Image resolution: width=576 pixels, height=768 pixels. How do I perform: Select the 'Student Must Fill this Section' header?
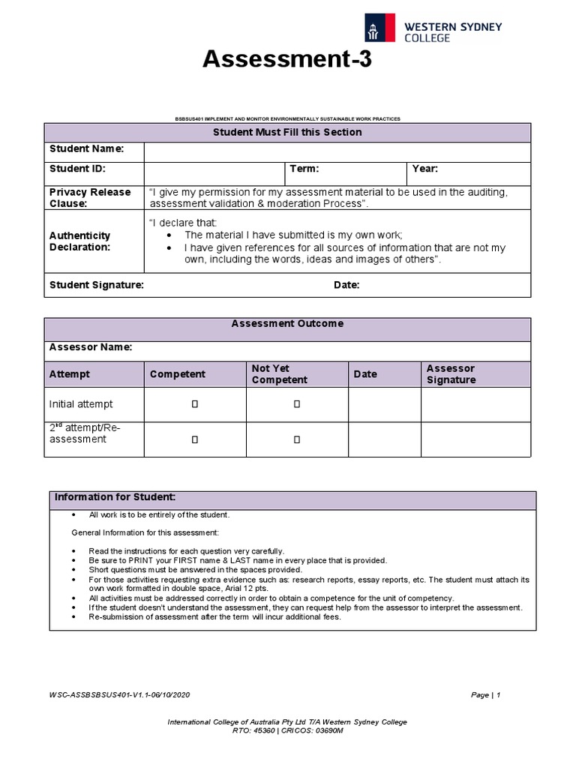pos(287,133)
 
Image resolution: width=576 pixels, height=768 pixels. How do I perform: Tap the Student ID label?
pos(77,169)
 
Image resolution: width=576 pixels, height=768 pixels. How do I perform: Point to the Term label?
pos(304,169)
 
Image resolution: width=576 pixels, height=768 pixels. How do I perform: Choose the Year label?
pos(425,169)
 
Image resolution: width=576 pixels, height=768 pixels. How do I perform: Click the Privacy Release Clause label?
pos(90,198)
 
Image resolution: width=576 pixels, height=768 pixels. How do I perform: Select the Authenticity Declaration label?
pos(80,241)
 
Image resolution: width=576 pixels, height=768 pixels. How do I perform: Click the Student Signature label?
pos(97,285)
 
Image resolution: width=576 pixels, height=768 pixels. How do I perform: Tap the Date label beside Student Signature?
pos(346,285)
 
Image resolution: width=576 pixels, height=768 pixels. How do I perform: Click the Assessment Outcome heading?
pos(287,324)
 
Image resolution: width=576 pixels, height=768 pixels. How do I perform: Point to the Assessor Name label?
pos(91,347)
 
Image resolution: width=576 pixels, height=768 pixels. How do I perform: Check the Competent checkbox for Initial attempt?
pos(194,405)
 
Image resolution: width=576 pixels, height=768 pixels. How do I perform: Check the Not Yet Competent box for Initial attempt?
pos(296,405)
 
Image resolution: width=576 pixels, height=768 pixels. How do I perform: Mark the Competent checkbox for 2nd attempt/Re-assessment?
pos(194,439)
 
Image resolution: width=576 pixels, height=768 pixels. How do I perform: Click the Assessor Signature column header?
pos(451,374)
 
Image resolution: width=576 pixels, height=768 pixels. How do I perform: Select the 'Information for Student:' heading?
pos(115,498)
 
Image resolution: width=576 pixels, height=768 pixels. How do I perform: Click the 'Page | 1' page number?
pos(485,695)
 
